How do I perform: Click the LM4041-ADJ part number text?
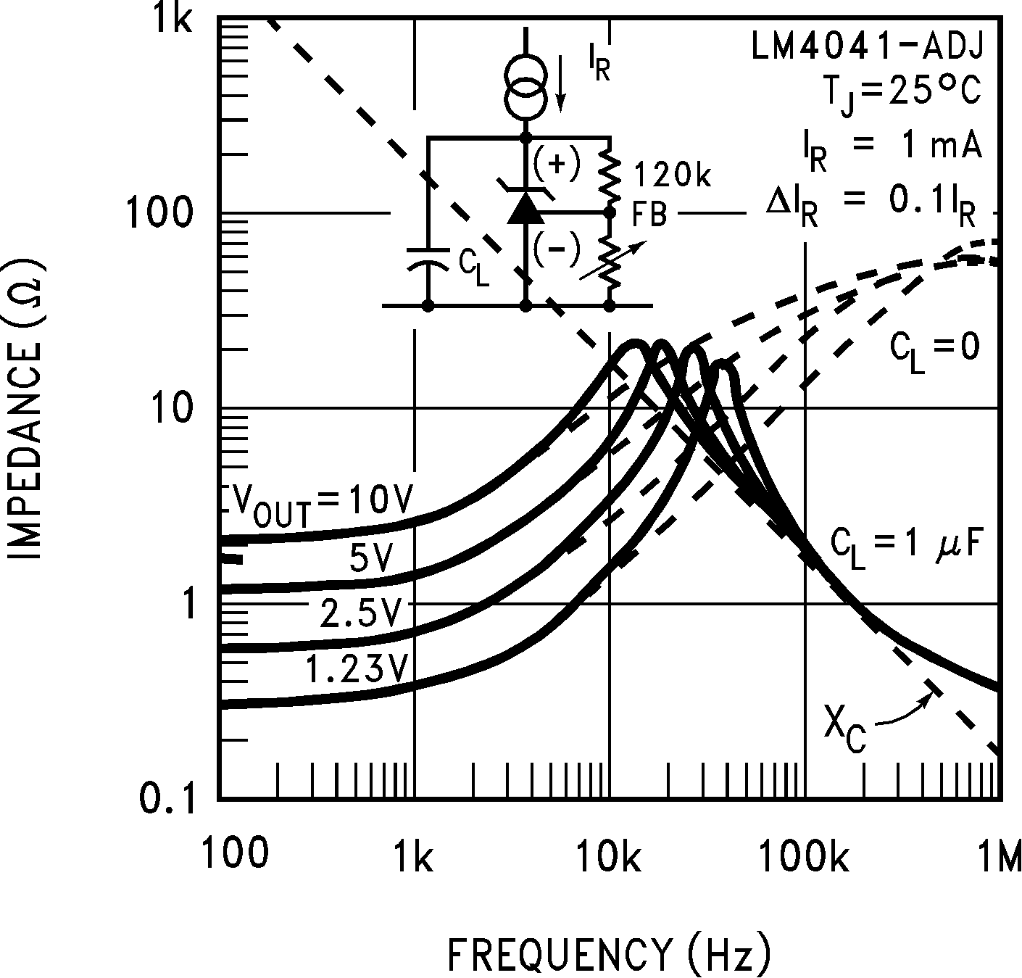pyautogui.click(x=866, y=48)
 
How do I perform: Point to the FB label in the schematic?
pyautogui.click(x=649, y=214)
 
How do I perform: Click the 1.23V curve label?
pyautogui.click(x=356, y=668)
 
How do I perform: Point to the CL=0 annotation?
pyautogui.click(x=934, y=351)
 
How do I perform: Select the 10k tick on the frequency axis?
pyautogui.click(x=610, y=856)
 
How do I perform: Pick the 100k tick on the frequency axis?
pyautogui.click(x=804, y=856)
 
